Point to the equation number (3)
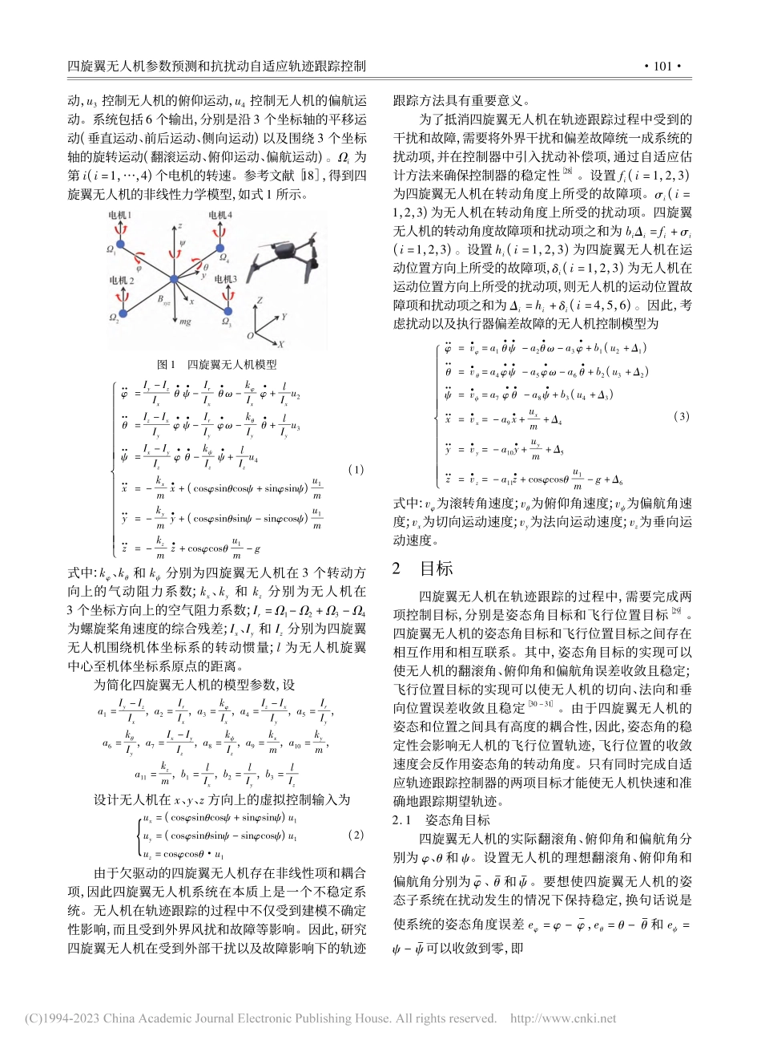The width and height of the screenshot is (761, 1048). pyautogui.click(x=682, y=416)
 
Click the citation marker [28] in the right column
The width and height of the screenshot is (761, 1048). pyautogui.click(x=566, y=170)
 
